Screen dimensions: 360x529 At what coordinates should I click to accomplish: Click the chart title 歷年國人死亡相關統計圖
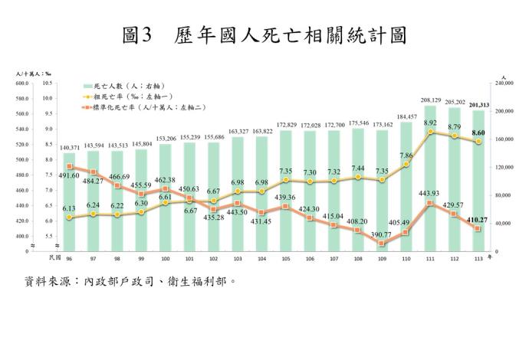(264, 34)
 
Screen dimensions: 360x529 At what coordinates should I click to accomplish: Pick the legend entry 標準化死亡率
(142, 108)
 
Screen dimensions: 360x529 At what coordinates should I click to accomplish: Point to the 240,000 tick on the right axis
(504, 83)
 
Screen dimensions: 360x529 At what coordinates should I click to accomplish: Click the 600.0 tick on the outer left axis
(21, 83)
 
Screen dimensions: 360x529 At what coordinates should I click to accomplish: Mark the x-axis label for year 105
(284, 258)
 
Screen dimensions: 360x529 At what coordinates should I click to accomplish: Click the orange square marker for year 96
(70, 166)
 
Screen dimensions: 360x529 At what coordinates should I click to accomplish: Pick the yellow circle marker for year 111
(432, 132)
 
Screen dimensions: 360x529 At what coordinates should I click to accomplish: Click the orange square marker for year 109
(381, 244)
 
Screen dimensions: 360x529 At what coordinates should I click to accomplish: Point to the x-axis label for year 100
(165, 258)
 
